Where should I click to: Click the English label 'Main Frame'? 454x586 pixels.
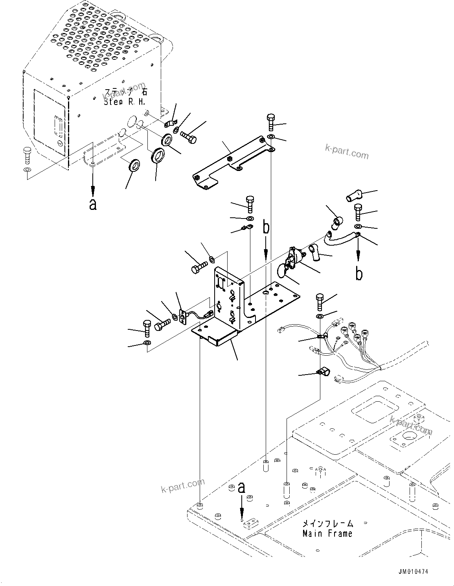tap(327, 534)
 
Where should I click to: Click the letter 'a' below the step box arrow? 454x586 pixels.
tap(93, 204)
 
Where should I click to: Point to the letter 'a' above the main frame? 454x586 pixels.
tap(241, 488)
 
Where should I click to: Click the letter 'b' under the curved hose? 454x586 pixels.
tap(358, 274)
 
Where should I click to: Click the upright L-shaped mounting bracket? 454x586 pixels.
tap(228, 299)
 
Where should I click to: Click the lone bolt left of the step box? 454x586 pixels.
tap(26, 156)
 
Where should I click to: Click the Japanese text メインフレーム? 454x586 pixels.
tap(327, 524)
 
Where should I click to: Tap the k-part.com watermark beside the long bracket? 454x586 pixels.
tap(347, 151)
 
